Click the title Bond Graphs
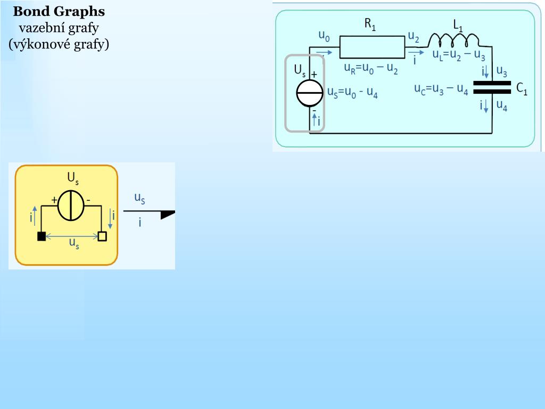[x=59, y=12]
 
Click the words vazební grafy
[x=59, y=28]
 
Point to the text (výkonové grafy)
[x=59, y=44]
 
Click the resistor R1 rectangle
[x=372, y=47]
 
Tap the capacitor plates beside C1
[x=492, y=87]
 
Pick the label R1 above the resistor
[x=370, y=23]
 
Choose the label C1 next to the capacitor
[x=522, y=88]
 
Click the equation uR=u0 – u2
[x=371, y=69]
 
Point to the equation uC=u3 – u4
[x=441, y=89]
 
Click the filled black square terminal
[x=42, y=236]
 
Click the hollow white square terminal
[x=102, y=236]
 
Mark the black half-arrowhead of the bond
[x=168, y=214]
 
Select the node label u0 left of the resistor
[x=324, y=36]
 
